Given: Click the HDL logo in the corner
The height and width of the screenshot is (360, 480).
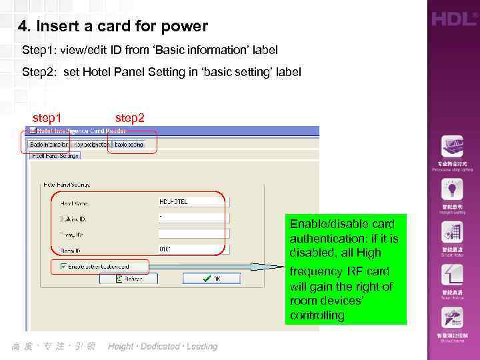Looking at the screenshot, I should pyautogui.click(x=453, y=19).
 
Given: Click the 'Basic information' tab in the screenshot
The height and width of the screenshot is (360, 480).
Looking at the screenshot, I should pyautogui.click(x=49, y=144).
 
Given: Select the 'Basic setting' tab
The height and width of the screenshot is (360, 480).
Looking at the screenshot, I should pyautogui.click(x=129, y=144).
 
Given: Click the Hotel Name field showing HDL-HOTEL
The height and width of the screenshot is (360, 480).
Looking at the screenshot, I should pyautogui.click(x=193, y=202).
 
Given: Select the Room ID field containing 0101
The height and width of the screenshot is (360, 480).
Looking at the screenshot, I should pyautogui.click(x=193, y=249).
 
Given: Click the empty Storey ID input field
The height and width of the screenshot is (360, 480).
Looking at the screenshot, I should pyautogui.click(x=193, y=233).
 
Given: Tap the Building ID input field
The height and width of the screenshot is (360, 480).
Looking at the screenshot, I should pyautogui.click(x=193, y=218).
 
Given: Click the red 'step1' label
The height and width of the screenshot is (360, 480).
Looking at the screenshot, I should pyautogui.click(x=47, y=118).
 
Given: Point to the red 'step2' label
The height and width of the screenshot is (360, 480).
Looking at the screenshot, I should pyautogui.click(x=129, y=118).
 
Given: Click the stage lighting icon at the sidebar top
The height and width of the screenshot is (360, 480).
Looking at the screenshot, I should pyautogui.click(x=452, y=147).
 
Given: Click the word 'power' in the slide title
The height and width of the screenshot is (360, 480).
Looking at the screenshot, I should pyautogui.click(x=189, y=27).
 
